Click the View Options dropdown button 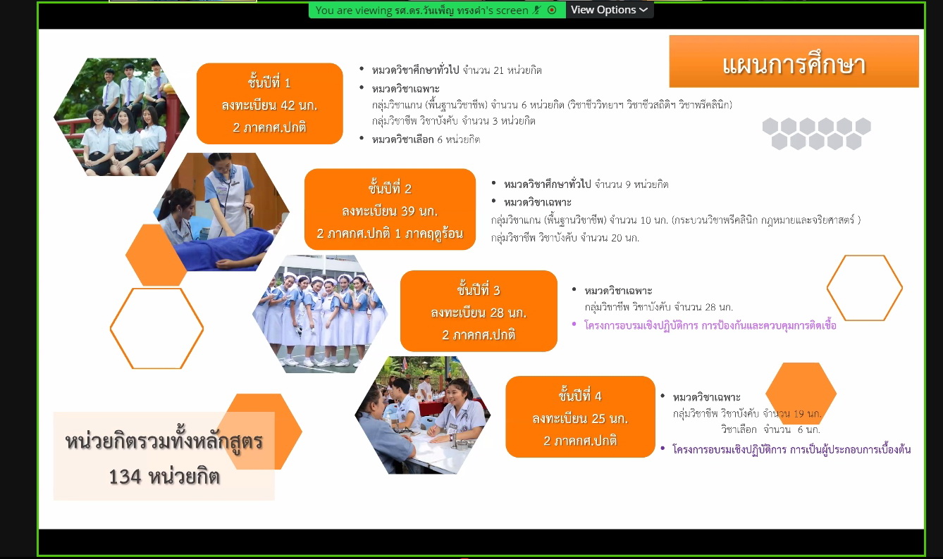[x=609, y=10]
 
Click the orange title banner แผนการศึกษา [x=794, y=61]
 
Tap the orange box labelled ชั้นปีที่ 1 [x=269, y=104]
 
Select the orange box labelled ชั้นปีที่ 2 [x=390, y=210]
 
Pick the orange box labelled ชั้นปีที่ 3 [x=479, y=311]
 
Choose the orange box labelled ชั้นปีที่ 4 [x=580, y=417]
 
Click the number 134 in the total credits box [x=125, y=477]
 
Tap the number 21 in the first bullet [x=498, y=70]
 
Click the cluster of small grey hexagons [x=817, y=133]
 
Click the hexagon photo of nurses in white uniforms [x=320, y=314]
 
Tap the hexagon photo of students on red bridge [x=122, y=116]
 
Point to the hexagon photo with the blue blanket [x=221, y=212]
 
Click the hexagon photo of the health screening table [x=423, y=415]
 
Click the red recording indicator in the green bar [x=552, y=10]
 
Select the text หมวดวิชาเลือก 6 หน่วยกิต [x=426, y=139]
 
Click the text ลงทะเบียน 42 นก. [x=269, y=105]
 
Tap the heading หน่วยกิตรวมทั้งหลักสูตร [x=164, y=441]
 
